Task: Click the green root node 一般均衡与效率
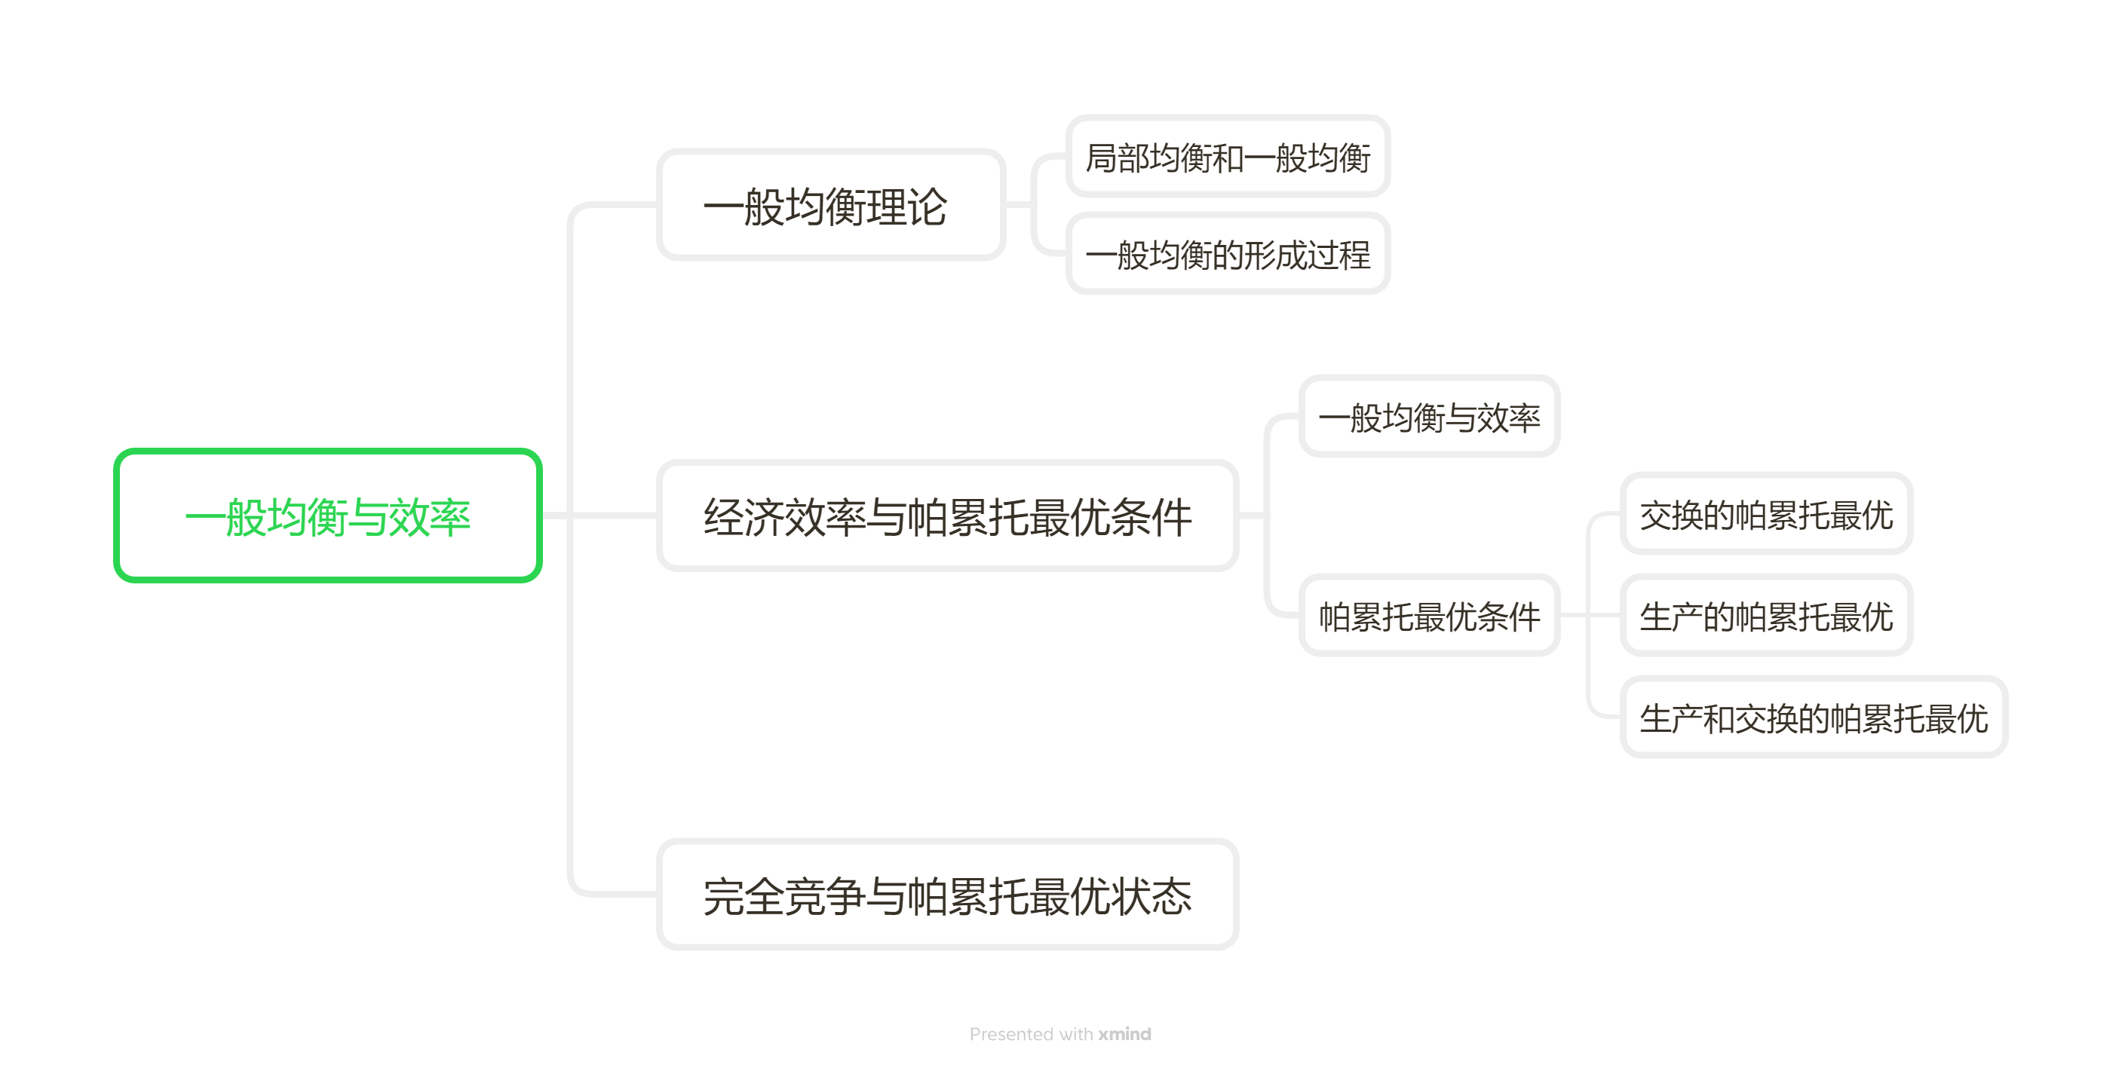[327, 516]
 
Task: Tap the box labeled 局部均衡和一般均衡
[1228, 157]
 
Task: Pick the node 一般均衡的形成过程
[1228, 254]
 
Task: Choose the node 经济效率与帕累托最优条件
[947, 516]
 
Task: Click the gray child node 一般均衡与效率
[1428, 417]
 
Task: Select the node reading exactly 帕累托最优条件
[1428, 615]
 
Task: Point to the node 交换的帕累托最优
[1765, 515]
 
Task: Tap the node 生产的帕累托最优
[1765, 615]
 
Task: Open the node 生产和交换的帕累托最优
[1813, 718]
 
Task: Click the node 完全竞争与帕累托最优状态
[947, 895]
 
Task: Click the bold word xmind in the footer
[1124, 1033]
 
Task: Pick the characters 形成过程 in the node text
[1308, 255]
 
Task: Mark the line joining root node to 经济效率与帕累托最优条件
[599, 516]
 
